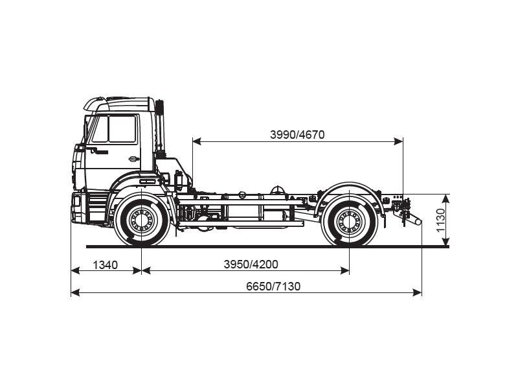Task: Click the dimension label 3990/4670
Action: (297, 135)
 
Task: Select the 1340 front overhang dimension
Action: (106, 265)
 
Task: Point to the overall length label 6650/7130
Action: (273, 287)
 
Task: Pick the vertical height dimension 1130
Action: (441, 220)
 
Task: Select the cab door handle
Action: (133, 158)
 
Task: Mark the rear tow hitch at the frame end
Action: (411, 218)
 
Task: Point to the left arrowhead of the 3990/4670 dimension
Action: (196, 141)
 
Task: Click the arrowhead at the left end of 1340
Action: (74, 271)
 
